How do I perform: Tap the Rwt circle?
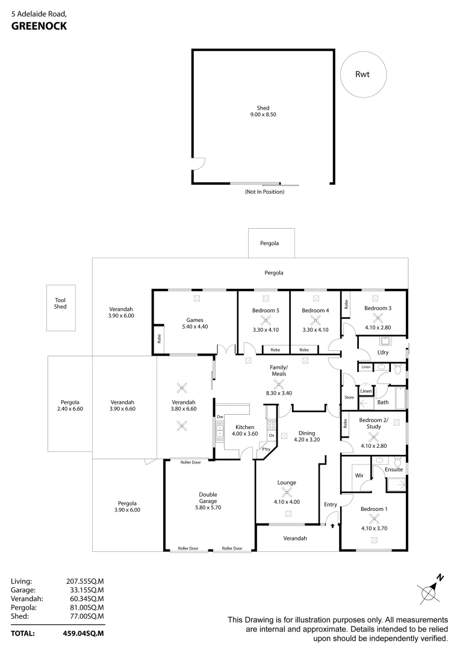pos(362,75)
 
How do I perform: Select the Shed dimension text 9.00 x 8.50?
pos(263,114)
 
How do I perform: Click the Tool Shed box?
pos(61,308)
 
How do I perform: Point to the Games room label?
pos(194,319)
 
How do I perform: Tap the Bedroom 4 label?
pos(316,311)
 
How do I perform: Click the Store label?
pos(349,397)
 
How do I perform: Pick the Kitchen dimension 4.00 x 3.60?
pos(244,434)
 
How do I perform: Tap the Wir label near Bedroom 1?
pos(359,475)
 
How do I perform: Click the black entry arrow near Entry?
pos(332,525)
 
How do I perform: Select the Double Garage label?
pos(208,498)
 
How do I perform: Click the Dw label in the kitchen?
pos(220,416)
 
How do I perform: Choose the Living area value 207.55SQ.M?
pos(85,581)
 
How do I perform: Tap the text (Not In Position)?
pos(264,192)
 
